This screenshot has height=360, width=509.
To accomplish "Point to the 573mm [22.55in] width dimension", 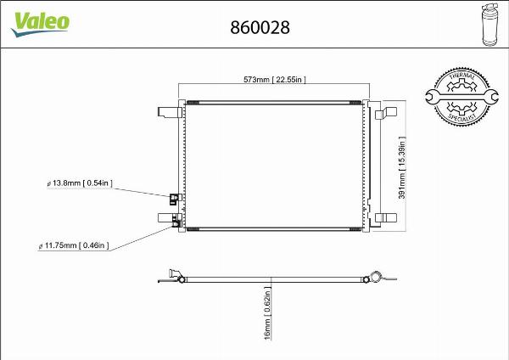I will pos(274,80).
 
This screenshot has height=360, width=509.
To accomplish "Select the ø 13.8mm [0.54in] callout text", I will pos(79,183).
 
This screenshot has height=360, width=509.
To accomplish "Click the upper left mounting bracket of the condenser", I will pos(166,111).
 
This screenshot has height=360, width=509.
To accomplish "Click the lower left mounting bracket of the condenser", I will pos(165,217).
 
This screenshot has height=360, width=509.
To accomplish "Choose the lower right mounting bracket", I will pos(389,217).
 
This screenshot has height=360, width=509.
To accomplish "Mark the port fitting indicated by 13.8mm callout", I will pos(174,200).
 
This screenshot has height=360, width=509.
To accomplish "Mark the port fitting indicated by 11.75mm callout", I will pos(176,224).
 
